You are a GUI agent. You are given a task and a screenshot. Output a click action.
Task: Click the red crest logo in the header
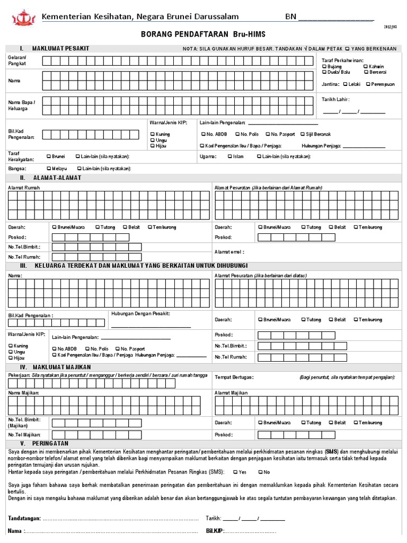point(21,18)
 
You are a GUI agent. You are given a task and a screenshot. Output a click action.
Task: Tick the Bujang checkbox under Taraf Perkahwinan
point(324,67)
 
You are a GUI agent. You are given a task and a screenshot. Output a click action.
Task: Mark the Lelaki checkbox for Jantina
point(345,84)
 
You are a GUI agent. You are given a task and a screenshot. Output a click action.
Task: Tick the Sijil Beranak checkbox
point(302,134)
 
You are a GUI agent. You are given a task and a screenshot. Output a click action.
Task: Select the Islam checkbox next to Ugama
point(229,156)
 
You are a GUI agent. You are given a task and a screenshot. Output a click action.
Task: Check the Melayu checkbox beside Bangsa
point(49,168)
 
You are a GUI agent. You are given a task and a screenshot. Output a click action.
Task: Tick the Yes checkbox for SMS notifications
point(234,471)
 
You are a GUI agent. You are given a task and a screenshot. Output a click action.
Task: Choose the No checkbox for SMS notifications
point(260,471)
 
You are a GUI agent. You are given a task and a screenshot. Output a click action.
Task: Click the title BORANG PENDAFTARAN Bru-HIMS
point(202,34)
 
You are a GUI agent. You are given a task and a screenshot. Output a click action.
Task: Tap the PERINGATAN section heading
point(54,443)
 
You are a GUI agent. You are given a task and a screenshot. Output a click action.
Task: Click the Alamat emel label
point(229,252)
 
